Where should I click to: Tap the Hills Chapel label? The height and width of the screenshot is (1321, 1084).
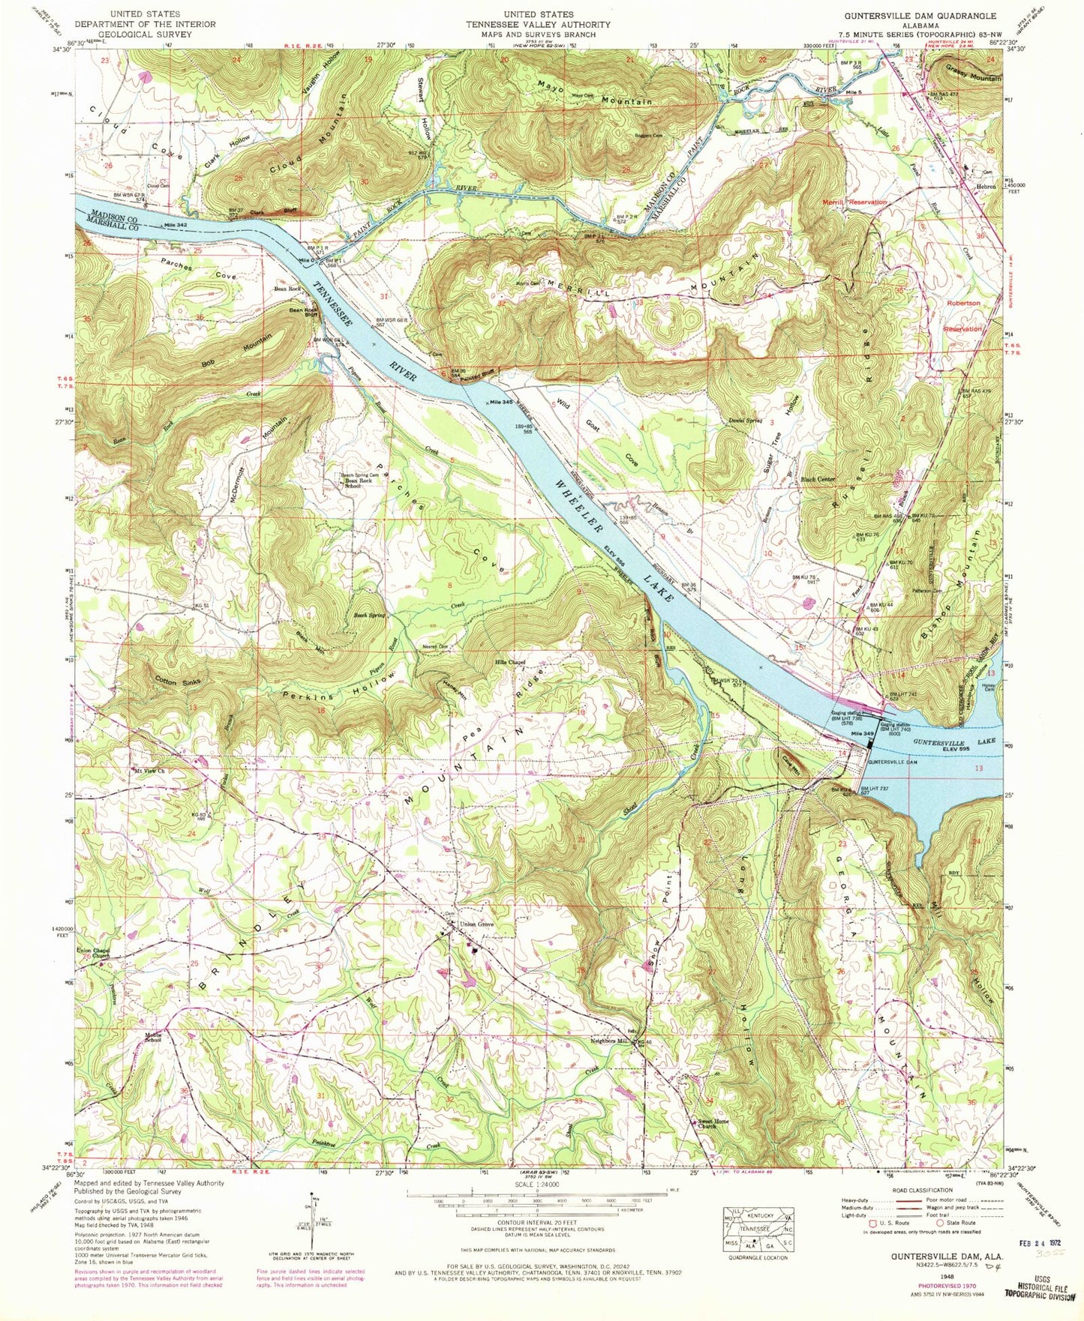pos(508,663)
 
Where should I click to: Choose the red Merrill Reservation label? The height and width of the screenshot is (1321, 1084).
pos(853,202)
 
